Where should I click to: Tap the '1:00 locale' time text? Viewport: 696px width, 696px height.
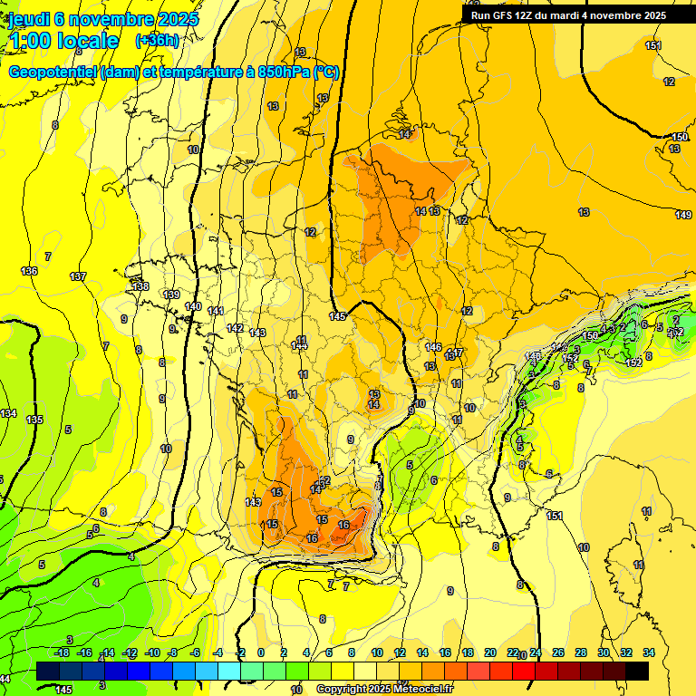[x=63, y=41]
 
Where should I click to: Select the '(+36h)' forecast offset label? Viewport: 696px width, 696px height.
[x=156, y=41]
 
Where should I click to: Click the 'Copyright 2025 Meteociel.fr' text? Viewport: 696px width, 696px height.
[x=384, y=689]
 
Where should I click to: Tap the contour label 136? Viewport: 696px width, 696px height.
[x=30, y=271]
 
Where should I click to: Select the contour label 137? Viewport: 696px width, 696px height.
[x=78, y=276]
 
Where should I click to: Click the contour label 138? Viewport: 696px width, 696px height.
[x=140, y=286]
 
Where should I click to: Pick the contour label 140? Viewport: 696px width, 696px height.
[x=193, y=306]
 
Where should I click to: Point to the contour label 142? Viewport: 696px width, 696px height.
[x=235, y=328]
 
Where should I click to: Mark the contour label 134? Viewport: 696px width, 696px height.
[x=8, y=413]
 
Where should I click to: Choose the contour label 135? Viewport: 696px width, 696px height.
[x=35, y=420]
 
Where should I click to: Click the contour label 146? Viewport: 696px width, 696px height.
[x=433, y=347]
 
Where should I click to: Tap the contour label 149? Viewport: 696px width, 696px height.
[x=683, y=214]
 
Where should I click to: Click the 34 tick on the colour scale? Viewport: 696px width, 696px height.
[x=648, y=652]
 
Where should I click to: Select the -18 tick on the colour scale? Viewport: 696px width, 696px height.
[x=62, y=652]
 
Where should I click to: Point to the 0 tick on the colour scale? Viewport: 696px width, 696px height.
[x=261, y=652]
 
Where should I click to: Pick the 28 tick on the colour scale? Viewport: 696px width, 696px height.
[x=580, y=652]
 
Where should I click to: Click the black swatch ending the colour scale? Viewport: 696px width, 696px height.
[x=637, y=671]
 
